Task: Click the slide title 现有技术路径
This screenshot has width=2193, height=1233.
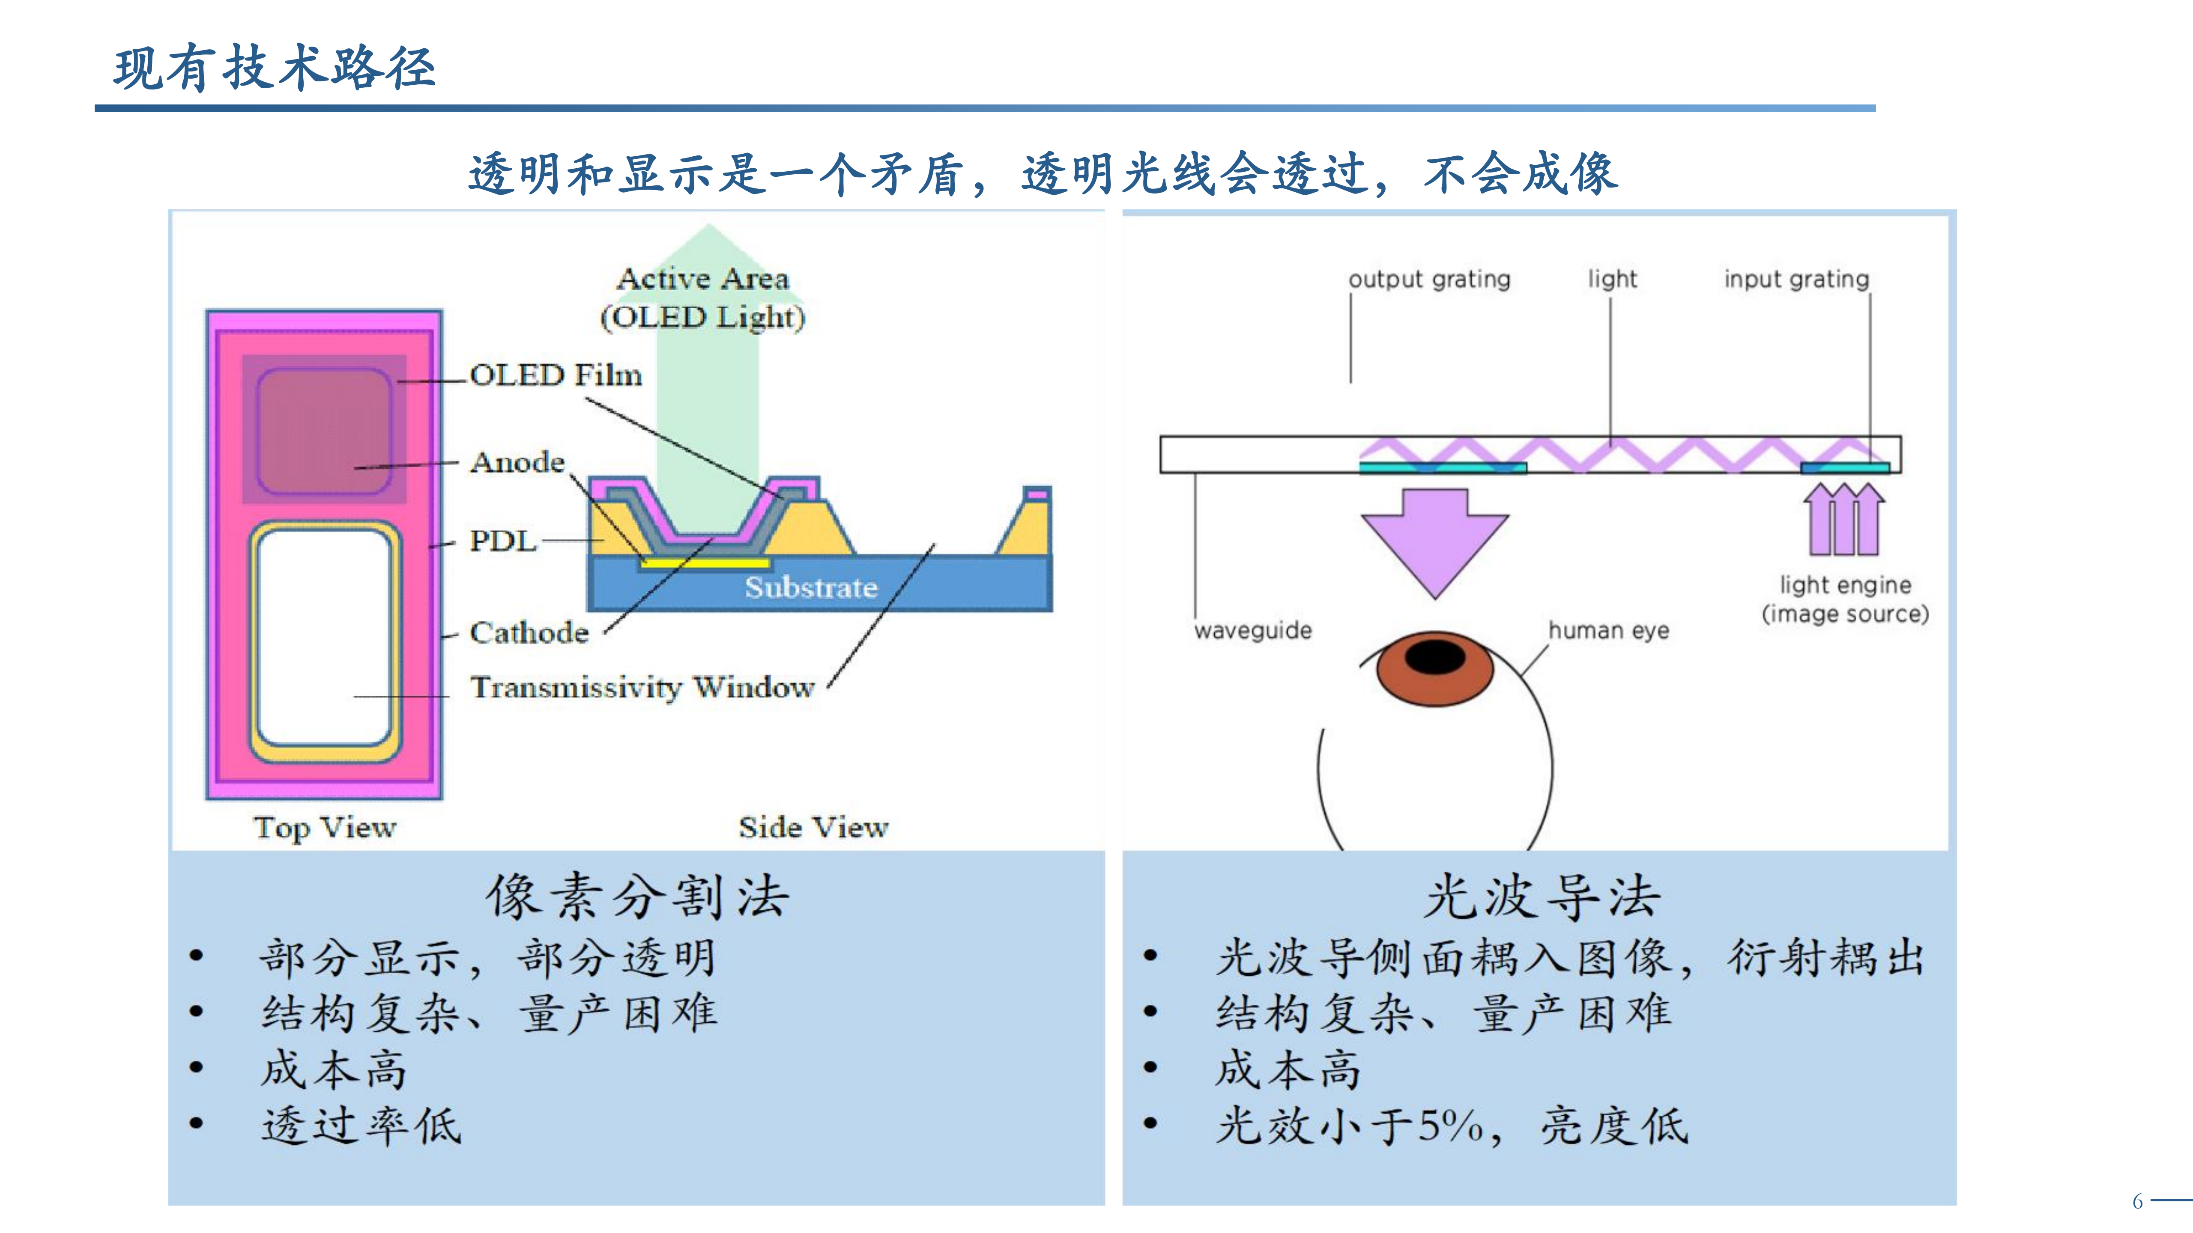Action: click(x=274, y=68)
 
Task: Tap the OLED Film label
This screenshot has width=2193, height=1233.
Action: click(x=555, y=375)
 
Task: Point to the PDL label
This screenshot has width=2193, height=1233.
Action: click(x=502, y=541)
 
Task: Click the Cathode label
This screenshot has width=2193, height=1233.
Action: click(x=529, y=632)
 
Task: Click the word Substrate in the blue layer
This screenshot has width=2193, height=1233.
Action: click(x=810, y=587)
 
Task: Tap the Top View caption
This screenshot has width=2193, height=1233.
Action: click(x=324, y=827)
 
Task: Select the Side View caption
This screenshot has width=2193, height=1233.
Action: click(x=813, y=827)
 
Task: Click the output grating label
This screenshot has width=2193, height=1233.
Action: click(x=1428, y=279)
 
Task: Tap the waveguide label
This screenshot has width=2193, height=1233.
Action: click(x=1252, y=631)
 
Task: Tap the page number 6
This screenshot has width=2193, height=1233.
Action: click(x=2137, y=1201)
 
